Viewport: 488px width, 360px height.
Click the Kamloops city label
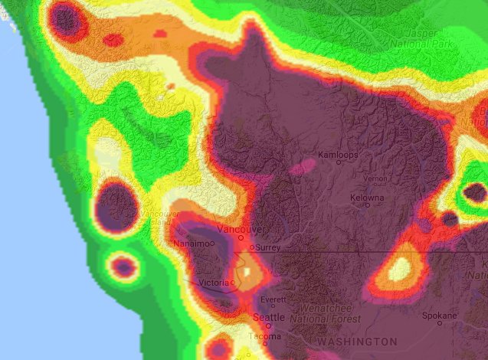tap(338, 155)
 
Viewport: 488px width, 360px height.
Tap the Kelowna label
tap(366, 198)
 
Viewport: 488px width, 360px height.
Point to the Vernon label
tap(375, 178)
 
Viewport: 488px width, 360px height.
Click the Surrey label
tap(267, 248)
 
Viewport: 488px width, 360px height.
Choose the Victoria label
tap(212, 283)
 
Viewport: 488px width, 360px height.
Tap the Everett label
tap(272, 299)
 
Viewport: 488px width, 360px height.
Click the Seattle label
tap(269, 317)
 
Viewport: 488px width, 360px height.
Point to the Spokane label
tap(440, 315)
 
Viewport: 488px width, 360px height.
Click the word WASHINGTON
tap(357, 341)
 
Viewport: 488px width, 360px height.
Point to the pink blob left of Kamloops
tap(304, 165)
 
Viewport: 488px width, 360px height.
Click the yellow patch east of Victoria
tap(249, 271)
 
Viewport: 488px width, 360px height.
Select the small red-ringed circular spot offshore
tap(123, 267)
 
